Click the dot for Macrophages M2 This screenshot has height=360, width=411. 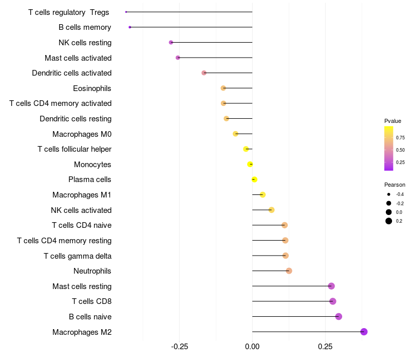point(364,332)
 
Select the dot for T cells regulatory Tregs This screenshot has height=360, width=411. point(126,12)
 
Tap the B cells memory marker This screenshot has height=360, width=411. point(130,27)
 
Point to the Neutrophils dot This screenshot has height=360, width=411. point(289,271)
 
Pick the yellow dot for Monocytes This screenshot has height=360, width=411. point(250,165)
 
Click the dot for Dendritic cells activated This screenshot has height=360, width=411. point(204,73)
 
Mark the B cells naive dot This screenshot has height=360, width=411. point(339,316)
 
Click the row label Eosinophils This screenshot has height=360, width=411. point(92,88)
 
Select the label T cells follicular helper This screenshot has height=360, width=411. point(74,149)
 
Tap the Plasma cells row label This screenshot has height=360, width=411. point(90,179)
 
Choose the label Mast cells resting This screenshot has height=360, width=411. point(82,286)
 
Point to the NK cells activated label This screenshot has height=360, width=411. point(81,210)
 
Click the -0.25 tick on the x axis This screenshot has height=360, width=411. point(179,347)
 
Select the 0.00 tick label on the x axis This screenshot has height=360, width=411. point(252,347)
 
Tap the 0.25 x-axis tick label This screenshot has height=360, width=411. point(325,347)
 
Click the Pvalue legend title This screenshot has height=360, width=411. point(393,121)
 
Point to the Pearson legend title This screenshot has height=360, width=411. point(395,185)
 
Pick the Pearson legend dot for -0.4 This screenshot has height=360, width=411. point(389,194)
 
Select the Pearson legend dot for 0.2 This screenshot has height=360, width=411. point(389,221)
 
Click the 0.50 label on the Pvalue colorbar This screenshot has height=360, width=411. point(400,150)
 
